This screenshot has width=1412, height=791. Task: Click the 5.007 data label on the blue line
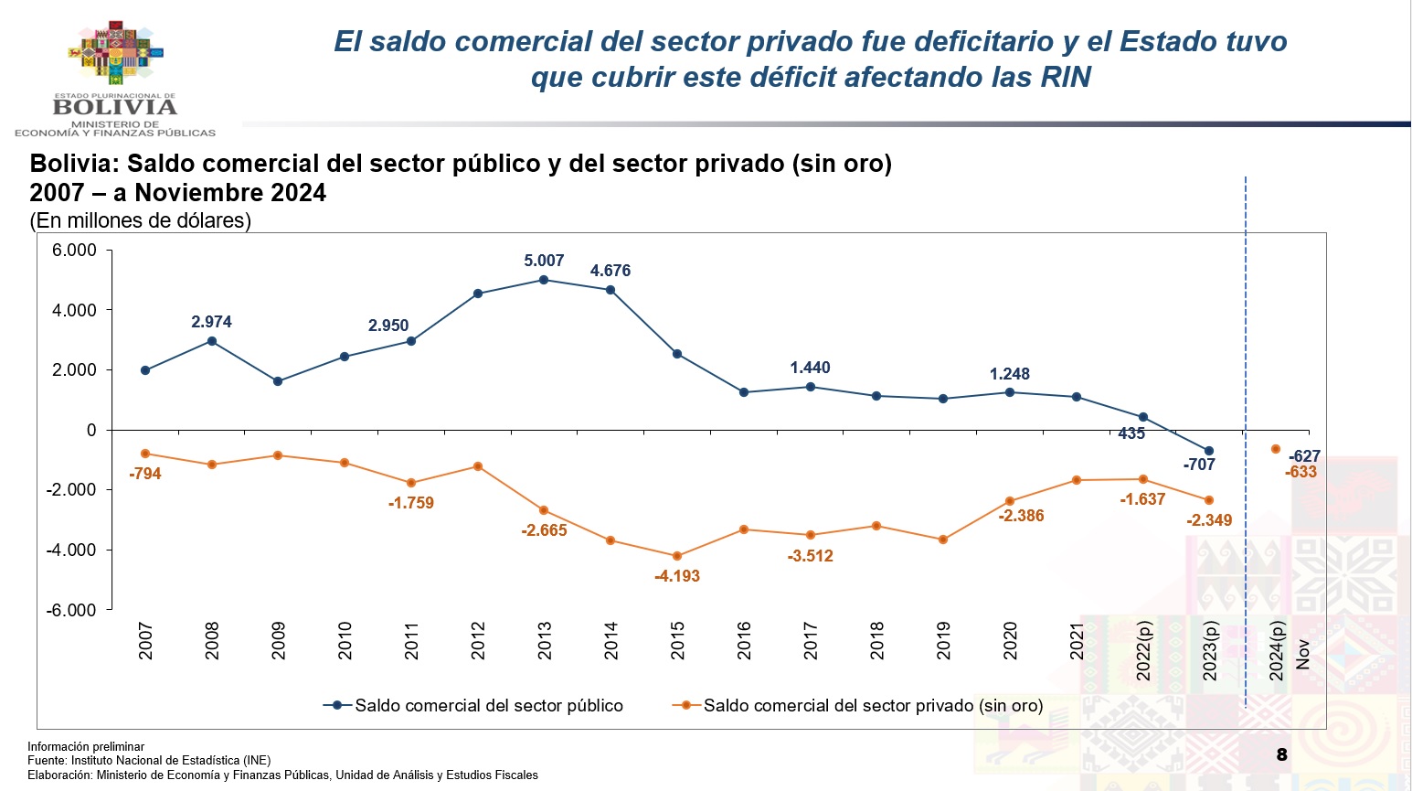click(x=544, y=261)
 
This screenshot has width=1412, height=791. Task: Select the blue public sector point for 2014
click(x=610, y=290)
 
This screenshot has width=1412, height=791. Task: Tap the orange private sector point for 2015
click(x=677, y=556)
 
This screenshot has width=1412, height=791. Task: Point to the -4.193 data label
click(x=677, y=576)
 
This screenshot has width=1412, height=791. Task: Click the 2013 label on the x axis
click(x=545, y=640)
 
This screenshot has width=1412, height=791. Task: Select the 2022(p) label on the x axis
click(x=1143, y=650)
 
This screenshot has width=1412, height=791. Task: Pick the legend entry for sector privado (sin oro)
click(x=858, y=705)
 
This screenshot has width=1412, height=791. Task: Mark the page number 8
click(x=1281, y=754)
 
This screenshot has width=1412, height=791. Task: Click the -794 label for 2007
click(x=145, y=474)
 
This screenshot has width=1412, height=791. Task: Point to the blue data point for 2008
click(x=212, y=341)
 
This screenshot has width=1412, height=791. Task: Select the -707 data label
click(x=1199, y=465)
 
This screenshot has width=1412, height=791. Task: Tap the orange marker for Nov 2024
click(x=1276, y=449)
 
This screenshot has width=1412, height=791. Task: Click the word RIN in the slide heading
click(x=1066, y=77)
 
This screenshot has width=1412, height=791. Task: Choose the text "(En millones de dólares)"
click(x=140, y=220)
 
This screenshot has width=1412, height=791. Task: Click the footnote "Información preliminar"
click(x=86, y=746)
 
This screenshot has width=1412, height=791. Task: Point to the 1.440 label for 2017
click(x=810, y=368)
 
